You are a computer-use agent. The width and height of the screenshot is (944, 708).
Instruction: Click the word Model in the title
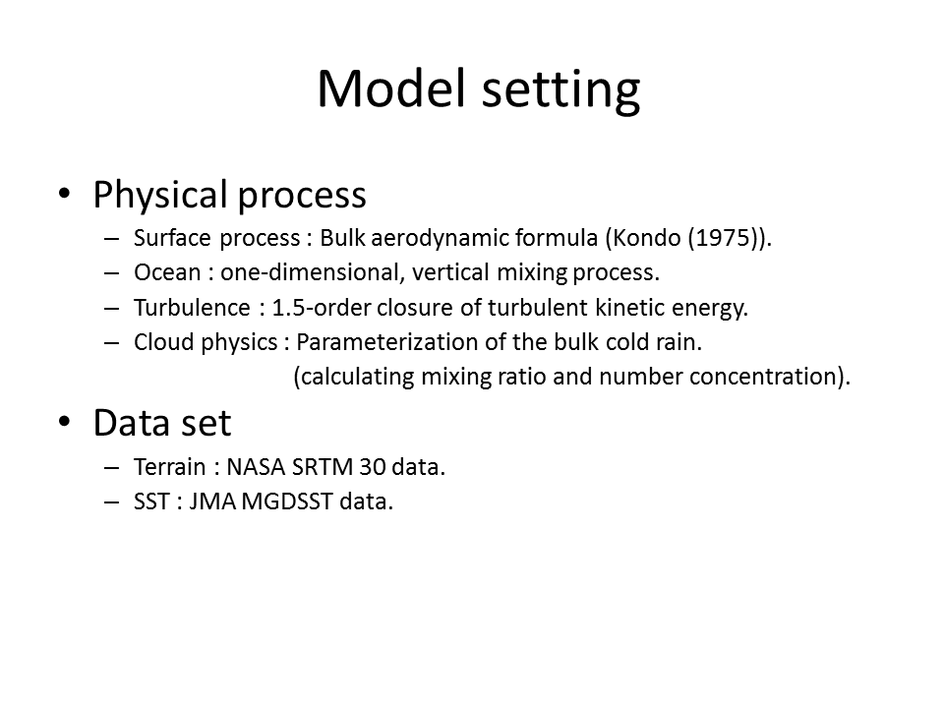click(392, 88)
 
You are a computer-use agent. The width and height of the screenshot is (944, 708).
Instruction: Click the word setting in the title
click(561, 91)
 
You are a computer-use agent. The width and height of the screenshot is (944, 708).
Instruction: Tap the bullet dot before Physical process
click(65, 194)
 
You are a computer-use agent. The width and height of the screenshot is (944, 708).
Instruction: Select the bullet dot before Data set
click(65, 422)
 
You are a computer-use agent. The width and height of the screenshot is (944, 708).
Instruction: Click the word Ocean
click(167, 272)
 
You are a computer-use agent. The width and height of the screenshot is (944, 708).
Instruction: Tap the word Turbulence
click(192, 308)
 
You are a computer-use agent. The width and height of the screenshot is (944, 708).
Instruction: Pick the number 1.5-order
click(321, 308)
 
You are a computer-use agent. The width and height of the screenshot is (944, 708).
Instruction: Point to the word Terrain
click(170, 467)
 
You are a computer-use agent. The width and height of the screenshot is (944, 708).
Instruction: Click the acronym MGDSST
click(287, 501)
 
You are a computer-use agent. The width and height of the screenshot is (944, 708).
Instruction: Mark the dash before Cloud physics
click(112, 342)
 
